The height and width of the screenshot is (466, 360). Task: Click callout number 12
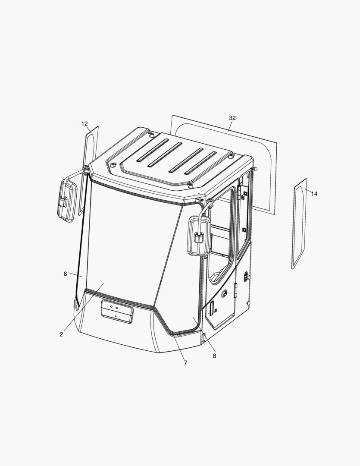pos(85,124)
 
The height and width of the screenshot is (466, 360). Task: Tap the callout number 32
pos(232,118)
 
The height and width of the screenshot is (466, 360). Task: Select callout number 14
pos(314,194)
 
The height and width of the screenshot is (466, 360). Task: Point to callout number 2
pos(61,334)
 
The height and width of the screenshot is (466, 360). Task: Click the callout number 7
pos(186,362)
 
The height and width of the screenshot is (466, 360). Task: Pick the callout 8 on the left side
pos(66,274)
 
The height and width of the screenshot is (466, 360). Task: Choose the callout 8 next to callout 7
pos(214,356)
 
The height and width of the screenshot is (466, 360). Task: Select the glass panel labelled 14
pos(299,224)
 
